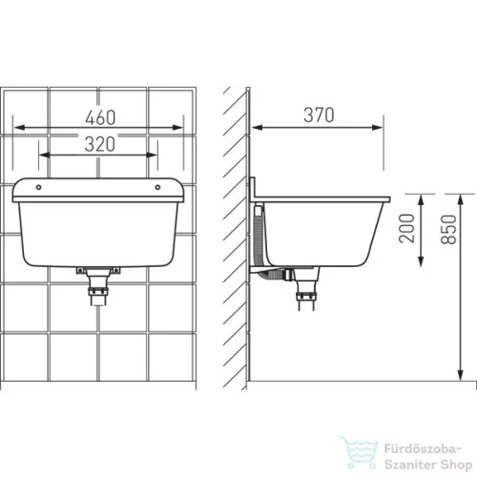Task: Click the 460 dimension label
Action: (100, 117)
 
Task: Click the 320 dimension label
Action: (100, 144)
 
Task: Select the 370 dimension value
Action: (319, 114)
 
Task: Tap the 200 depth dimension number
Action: (407, 228)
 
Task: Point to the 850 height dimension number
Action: (448, 230)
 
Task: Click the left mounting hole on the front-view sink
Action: (39, 187)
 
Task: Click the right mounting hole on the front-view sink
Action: (157, 187)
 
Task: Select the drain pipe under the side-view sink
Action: (306, 289)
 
